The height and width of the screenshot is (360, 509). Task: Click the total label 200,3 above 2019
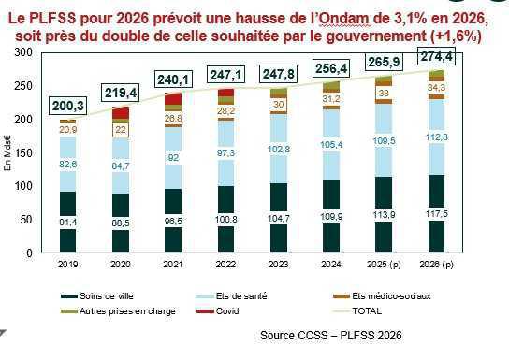click(69, 107)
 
